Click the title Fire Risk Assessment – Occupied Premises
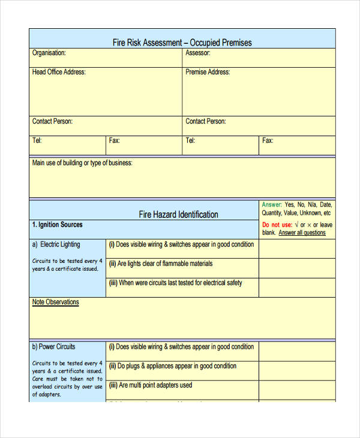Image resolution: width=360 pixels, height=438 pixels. coord(182,43)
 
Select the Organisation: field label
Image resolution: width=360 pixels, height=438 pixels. coord(49,53)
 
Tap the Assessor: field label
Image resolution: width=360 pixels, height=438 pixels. coord(197,53)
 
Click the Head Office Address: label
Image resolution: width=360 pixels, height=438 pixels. coord(59,72)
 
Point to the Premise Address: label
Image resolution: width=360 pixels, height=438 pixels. coord(208,72)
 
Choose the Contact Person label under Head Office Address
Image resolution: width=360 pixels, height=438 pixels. coord(52,121)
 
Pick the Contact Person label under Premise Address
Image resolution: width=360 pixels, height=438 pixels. coord(206,121)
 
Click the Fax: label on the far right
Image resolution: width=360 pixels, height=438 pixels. coord(268,140)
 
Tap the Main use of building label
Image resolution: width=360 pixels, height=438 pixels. coord(82,163)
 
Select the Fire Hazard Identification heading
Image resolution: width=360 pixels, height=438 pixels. coord(179,214)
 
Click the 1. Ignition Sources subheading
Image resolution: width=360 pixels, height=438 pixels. coord(57,225)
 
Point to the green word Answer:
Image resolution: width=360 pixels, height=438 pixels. coord(271,205)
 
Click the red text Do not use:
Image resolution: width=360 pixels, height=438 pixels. coord(277,225)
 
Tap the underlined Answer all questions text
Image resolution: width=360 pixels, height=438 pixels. coord(302,233)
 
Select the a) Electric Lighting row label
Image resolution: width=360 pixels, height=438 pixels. coord(56,244)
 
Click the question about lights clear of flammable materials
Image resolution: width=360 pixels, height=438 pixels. coord(161,263)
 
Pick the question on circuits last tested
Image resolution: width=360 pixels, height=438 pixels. coord(175,283)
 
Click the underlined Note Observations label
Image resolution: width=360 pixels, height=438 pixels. coord(55,302)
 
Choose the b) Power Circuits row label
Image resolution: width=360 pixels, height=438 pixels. coord(53,346)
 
